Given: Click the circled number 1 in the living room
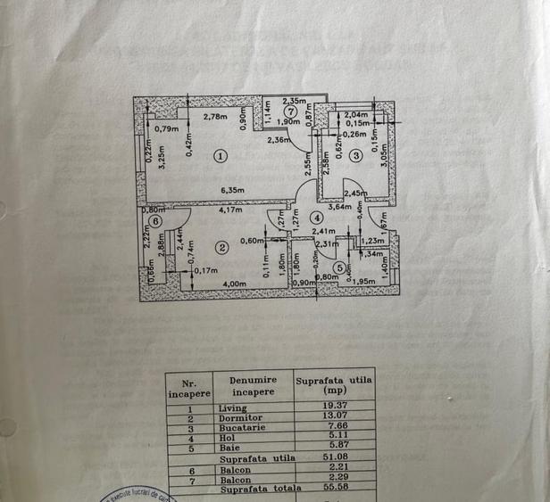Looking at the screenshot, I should coord(221,156).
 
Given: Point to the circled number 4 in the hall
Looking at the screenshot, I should coord(316,217).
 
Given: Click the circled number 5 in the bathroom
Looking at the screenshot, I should coord(339,266).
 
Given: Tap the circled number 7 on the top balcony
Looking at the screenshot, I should coord(291,111).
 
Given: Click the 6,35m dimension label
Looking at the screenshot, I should coord(234,190).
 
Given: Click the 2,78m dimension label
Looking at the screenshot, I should coord(215,116).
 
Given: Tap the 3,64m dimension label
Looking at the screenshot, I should coord(340,207).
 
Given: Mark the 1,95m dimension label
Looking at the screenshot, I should coord(363,283).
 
